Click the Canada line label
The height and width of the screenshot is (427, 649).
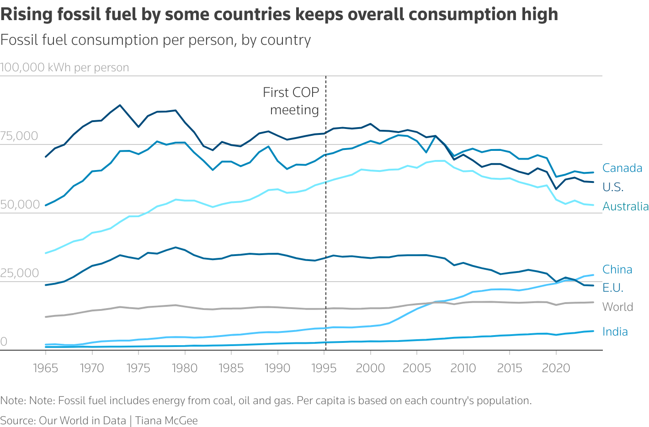622,168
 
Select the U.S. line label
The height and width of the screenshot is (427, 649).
613,187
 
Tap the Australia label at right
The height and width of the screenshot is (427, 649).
625,207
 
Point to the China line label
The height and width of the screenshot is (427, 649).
617,270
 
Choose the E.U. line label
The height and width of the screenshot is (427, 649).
612,288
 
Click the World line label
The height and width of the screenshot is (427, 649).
617,307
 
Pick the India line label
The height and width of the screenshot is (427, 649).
615,332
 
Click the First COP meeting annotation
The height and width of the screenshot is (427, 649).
291,101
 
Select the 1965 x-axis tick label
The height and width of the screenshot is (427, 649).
46,368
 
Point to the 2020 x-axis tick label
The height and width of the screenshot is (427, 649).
556,368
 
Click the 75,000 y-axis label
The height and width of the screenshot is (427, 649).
19,136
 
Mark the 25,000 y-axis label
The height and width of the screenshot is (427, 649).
19,273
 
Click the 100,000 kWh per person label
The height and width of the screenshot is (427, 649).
64,68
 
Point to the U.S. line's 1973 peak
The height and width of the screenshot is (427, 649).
120,105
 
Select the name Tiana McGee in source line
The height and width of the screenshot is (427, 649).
166,421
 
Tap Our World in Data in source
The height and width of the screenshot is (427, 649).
82,421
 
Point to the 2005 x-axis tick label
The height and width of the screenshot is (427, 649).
417,368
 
